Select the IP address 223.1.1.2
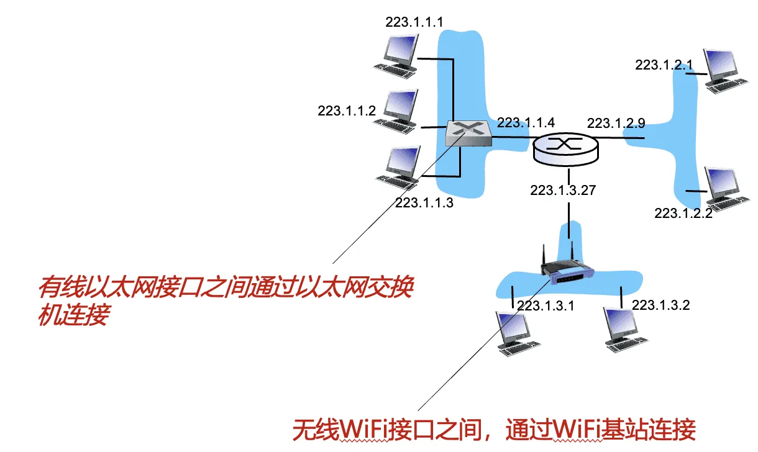pos(347,111)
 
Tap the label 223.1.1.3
pos(424,202)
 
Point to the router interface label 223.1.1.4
pos(526,122)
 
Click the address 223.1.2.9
pos(616,123)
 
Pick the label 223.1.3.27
pos(563,190)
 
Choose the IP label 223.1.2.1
pos(664,65)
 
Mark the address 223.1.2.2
pos(683,214)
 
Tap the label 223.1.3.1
pos(546,305)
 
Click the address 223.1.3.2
pos(660,305)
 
